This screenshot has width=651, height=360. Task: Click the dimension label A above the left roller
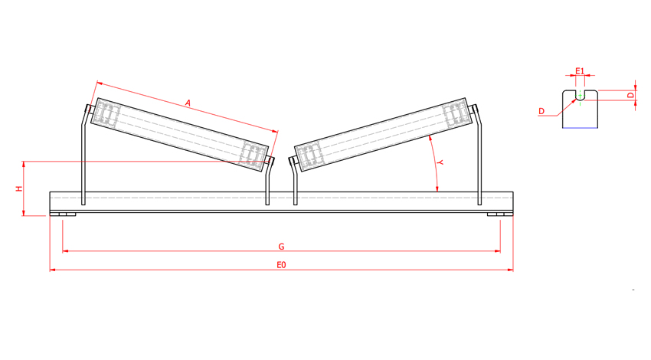coord(187,102)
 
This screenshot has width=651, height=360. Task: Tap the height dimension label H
coord(19,188)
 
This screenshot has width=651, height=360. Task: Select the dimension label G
coord(282,247)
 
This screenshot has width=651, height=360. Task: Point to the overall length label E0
coord(281,265)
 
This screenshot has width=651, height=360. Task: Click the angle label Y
coord(440,163)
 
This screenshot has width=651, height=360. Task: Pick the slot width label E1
coord(580,71)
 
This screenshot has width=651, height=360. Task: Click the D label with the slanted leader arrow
coord(541,112)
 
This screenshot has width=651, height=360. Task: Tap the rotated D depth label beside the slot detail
coord(630,96)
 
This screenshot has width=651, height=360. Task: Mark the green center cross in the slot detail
coord(580,95)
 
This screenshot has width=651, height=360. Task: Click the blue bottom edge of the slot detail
coord(580,128)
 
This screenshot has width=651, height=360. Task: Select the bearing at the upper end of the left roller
coord(105,116)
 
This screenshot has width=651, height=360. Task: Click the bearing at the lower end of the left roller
coord(253,152)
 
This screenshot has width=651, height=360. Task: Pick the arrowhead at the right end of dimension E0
coord(511,270)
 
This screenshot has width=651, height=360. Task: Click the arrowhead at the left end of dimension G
coord(65,250)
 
